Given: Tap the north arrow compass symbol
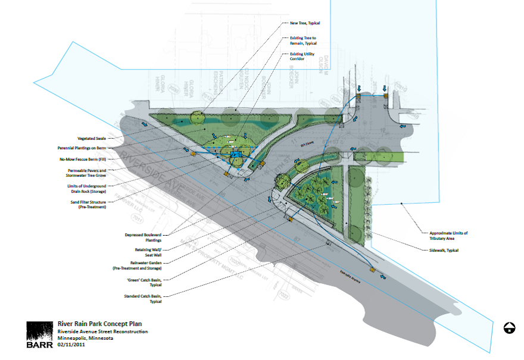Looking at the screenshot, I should pos(509,327).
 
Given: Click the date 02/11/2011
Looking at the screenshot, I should pos(71,345).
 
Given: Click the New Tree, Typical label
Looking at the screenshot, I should pos(305,23).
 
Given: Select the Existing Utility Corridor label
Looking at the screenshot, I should pos(300,57).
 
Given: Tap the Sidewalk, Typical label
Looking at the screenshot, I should pos(444,251).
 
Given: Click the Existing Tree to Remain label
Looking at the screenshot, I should pos(302,40).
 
